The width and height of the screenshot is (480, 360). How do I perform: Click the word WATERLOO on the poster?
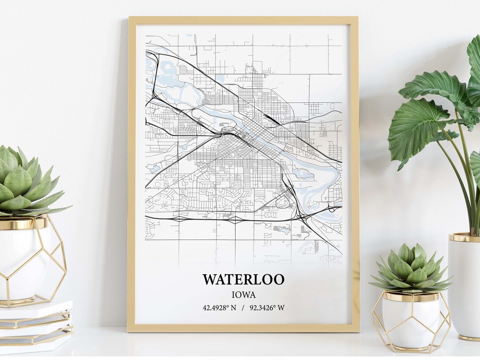(x=244, y=280)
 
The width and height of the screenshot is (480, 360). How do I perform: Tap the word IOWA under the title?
(x=244, y=294)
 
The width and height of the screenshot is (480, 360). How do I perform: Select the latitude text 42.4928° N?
(x=220, y=308)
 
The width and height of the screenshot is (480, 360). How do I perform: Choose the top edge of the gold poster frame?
(x=243, y=20)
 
